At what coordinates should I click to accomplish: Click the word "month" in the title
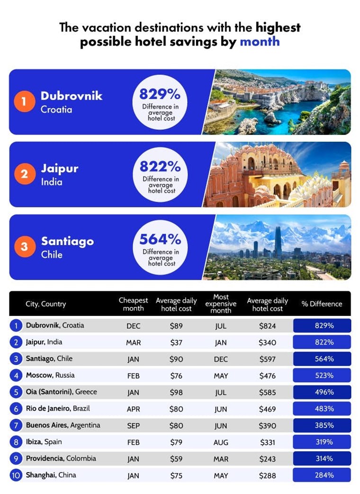coord(260,42)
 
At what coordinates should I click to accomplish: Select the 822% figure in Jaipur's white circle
coord(160,167)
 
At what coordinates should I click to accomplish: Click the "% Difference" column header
coord(322,304)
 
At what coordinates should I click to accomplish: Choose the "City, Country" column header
coord(45,304)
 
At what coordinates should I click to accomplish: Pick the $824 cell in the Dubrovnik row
coord(268,326)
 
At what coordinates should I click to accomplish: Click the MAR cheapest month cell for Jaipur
coord(134,342)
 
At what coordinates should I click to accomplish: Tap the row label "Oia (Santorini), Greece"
coord(61,392)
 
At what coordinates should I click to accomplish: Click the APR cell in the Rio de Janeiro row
coord(134,409)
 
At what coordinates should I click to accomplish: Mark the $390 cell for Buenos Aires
coord(268,425)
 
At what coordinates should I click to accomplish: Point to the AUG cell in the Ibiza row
coord(221,442)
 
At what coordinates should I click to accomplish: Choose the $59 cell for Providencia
coord(176,458)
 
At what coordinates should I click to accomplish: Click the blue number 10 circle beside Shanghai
coord(16,475)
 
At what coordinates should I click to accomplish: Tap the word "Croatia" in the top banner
coord(56,109)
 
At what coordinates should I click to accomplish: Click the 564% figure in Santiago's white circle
coord(160,239)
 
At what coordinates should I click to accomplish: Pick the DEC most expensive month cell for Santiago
coord(221,359)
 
